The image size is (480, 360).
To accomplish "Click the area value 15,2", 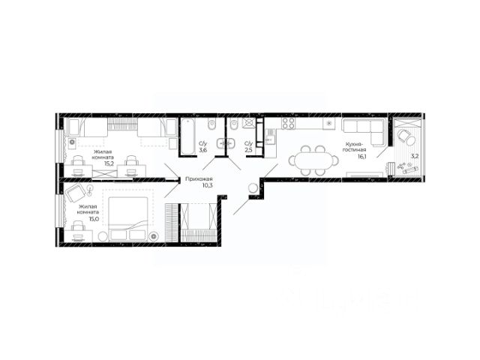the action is tap(109, 163).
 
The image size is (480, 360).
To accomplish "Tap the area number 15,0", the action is tap(94, 218).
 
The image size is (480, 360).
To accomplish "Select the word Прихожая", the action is tap(199, 179).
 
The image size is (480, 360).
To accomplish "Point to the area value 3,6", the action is tap(203, 150).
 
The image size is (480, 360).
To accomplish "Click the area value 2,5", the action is tap(248, 150).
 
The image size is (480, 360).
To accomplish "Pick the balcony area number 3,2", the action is tap(415, 156).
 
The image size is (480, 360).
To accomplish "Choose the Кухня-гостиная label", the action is tap(354, 147).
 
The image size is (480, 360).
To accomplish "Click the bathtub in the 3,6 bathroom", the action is tap(187, 136).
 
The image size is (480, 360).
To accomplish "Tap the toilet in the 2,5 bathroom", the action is tap(234, 124).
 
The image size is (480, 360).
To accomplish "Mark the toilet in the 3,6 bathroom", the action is tap(211, 124).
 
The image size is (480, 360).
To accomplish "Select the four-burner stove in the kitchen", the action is tap(288, 123).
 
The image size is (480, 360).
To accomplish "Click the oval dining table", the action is tap(313, 160).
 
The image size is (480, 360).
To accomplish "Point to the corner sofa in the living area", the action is tap(363, 132).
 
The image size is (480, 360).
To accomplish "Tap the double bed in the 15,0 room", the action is tap(128, 218).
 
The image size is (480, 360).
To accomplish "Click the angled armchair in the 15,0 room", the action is tap(75, 193).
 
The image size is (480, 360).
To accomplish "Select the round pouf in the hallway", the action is tap(253, 188).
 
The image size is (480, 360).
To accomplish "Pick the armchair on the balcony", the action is tap(406, 136).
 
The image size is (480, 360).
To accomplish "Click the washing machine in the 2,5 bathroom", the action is tap(248, 123).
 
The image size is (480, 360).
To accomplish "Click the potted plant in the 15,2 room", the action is tap(72, 142).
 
